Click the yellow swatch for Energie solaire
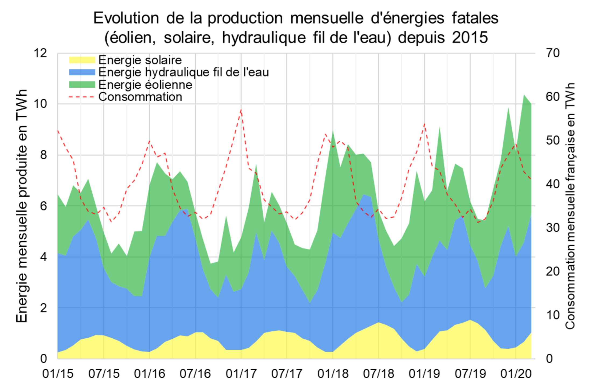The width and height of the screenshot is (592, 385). pos(82,60)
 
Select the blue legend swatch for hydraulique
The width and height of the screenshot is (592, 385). pos(82,72)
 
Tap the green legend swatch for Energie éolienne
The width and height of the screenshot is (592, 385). pos(82,85)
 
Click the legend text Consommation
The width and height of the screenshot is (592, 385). pos(140,97)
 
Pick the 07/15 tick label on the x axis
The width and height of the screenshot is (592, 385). pos(104,374)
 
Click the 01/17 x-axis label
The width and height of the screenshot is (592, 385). pos(241,374)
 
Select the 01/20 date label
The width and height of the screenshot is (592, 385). pos(516,374)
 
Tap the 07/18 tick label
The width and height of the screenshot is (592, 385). pos(378,374)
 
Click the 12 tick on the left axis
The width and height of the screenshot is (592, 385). pos(40,53)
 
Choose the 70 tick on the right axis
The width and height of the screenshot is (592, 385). pos(553,53)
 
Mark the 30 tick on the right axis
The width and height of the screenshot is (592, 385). pos(553,228)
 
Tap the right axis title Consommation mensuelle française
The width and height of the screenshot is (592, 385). pos(570,206)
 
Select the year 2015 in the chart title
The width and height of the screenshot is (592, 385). pos(470,37)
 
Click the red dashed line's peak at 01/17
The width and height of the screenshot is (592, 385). pos(241,110)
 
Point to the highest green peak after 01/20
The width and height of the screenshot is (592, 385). pos(524,95)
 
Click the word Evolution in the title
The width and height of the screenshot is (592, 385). pos(126,18)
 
